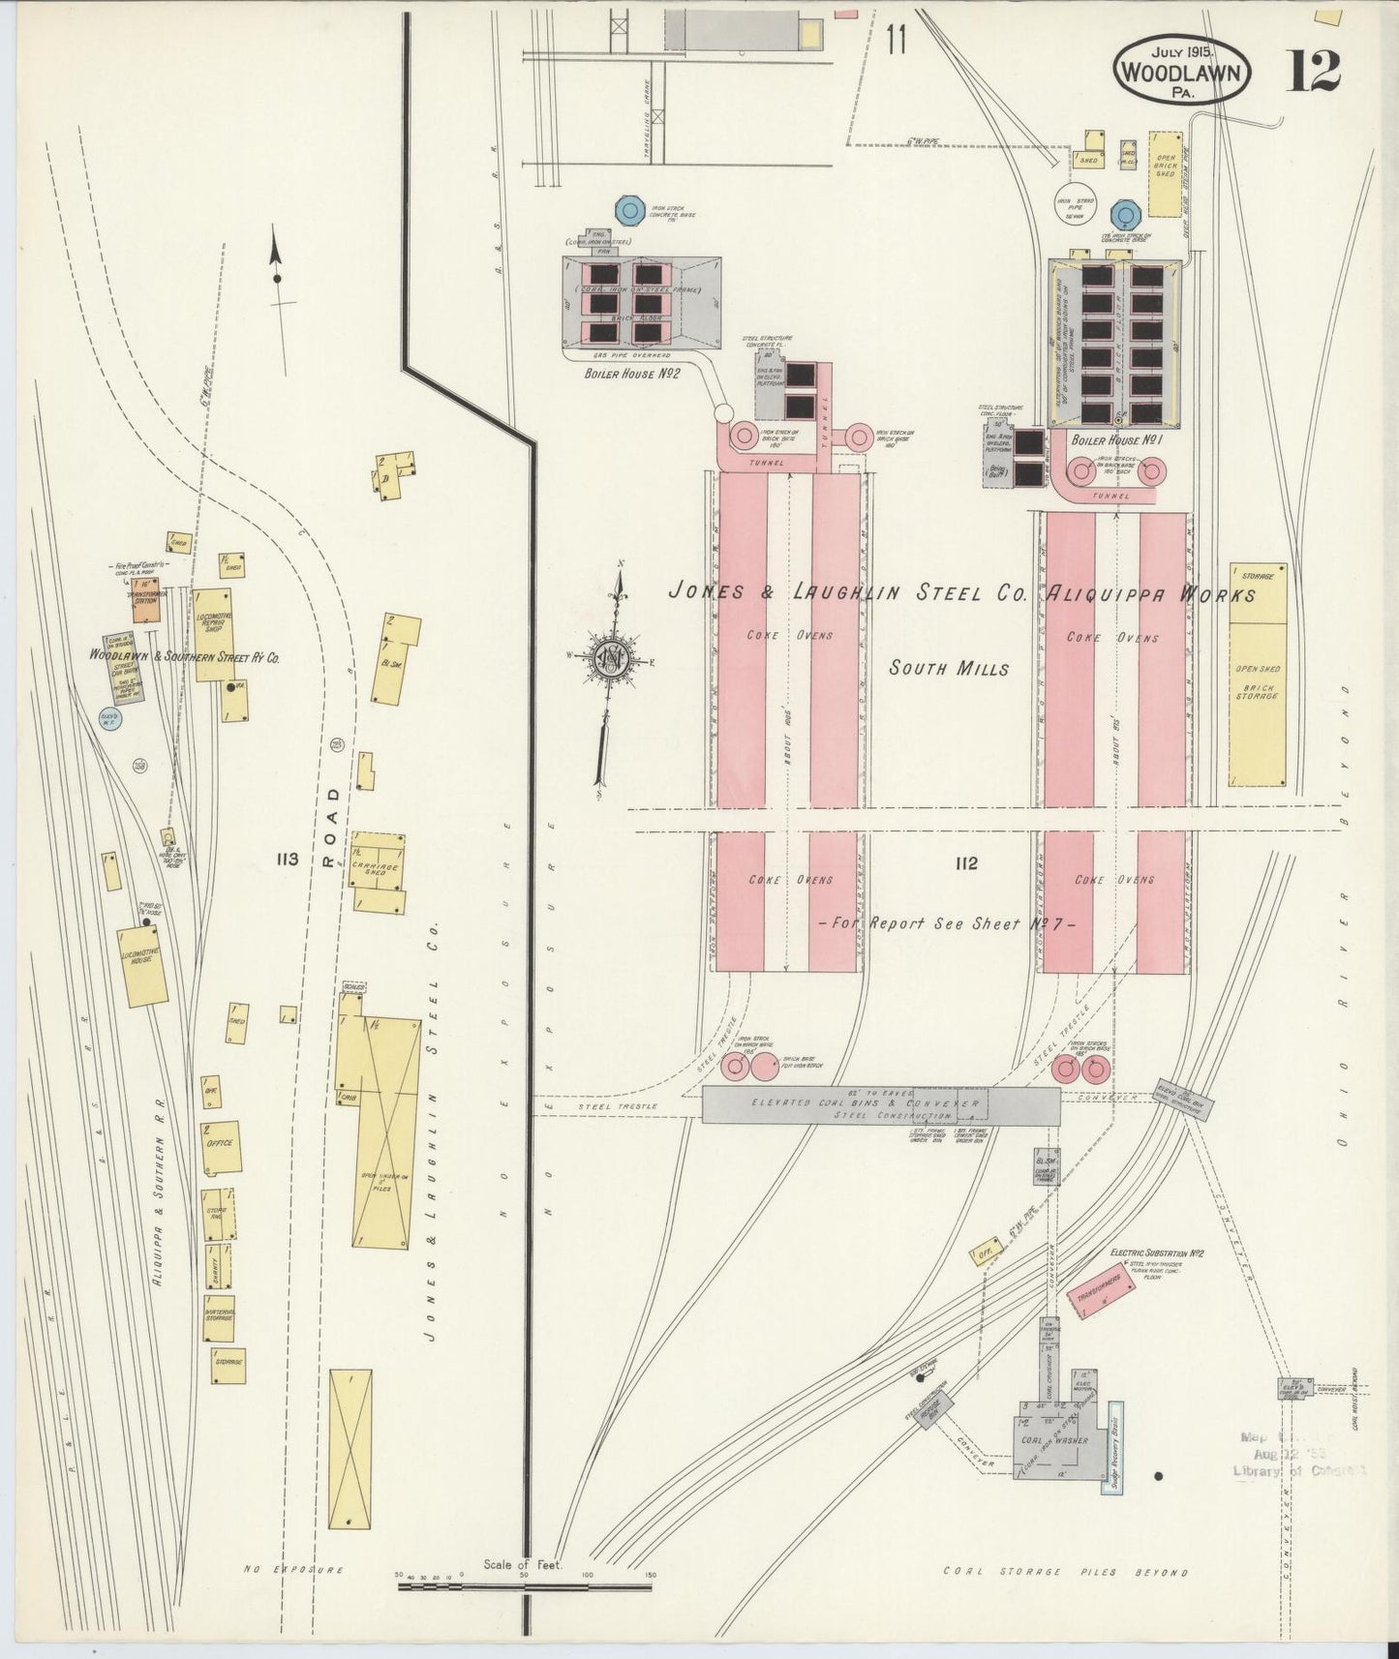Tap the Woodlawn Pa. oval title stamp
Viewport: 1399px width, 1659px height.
1182,69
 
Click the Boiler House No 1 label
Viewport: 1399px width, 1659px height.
1115,439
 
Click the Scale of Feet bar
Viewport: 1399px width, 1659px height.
524,1586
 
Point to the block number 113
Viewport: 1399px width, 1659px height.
287,860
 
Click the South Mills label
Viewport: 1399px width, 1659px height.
949,669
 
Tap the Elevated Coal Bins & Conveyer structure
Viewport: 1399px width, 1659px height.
880,1105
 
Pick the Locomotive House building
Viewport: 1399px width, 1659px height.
142,966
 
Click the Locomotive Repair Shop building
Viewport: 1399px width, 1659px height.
213,634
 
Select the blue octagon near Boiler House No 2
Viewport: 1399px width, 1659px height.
630,209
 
